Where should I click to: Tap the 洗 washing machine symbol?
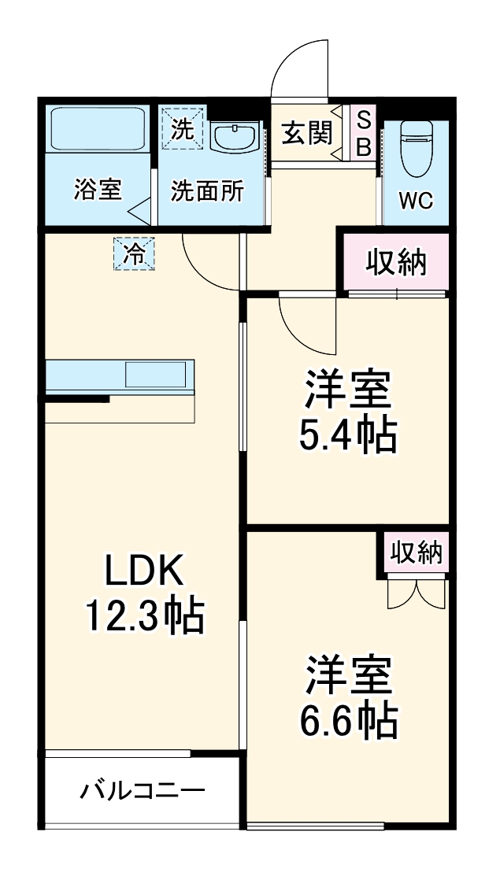coord(183,129)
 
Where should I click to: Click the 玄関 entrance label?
coord(306,135)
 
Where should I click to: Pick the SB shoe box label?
coord(364,135)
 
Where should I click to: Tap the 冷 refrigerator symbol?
coord(135,254)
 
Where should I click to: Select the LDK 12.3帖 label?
coord(145,595)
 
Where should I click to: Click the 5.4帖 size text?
coord(346,434)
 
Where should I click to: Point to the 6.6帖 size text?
coord(346,718)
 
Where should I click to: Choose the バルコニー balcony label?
coord(143,789)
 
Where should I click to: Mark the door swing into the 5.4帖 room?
coord(307,323)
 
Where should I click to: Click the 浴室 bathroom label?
coord(98,190)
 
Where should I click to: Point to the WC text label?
coord(415,201)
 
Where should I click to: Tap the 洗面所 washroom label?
coord(207,190)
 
